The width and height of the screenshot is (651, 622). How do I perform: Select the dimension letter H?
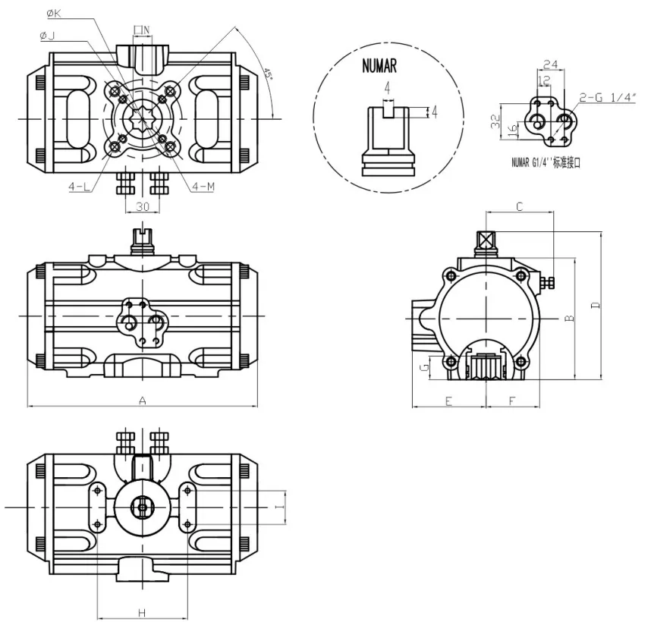click(142, 612)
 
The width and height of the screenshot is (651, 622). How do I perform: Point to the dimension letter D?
click(596, 305)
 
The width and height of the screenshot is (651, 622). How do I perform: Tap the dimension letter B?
click(569, 319)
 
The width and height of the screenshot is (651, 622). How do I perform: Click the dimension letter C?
click(520, 206)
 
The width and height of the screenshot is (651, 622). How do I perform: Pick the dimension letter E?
click(448, 401)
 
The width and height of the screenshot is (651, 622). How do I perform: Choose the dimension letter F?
click(512, 401)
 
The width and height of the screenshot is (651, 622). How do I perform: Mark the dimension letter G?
click(426, 369)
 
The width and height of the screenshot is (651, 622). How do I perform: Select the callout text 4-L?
click(78, 186)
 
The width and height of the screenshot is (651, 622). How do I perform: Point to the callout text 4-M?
click(203, 186)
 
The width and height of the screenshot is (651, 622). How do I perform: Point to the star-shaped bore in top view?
click(142, 119)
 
